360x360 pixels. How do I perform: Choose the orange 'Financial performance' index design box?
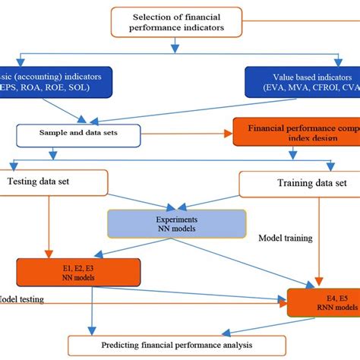pos(296,134)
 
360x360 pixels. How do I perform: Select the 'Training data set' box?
pos(298,184)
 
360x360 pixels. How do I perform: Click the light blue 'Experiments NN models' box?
pos(176,223)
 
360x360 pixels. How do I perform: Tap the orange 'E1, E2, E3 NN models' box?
pos(78,271)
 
